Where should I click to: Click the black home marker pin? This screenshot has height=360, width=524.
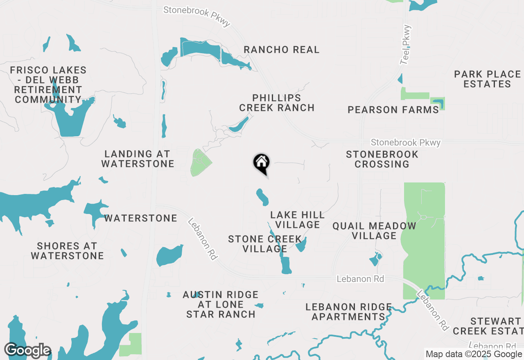[261, 163]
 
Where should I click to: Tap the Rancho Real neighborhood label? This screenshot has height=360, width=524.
[281, 50]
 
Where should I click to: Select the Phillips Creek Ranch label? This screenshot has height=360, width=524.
[277, 103]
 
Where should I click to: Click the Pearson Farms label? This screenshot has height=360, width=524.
[393, 110]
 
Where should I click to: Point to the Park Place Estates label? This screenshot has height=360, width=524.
[487, 79]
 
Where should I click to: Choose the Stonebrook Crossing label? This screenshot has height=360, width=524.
[382, 160]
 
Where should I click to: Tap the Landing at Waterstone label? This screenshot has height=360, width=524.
[138, 159]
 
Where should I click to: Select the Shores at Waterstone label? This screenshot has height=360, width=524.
[67, 251]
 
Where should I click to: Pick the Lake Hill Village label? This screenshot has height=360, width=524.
[297, 220]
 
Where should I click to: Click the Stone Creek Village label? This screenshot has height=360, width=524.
[264, 244]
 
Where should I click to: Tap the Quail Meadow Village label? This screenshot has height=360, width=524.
[374, 231]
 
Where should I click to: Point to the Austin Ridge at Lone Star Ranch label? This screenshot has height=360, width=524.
[221, 304]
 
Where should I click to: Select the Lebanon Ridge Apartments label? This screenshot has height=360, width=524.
[349, 312]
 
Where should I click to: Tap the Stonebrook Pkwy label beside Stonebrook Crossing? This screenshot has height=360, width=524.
[405, 143]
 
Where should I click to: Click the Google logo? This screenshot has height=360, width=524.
[27, 350]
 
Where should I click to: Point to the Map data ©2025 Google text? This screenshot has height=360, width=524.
[474, 354]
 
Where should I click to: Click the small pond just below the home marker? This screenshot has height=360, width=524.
[262, 197]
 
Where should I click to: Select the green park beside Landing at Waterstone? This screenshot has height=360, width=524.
[200, 163]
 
